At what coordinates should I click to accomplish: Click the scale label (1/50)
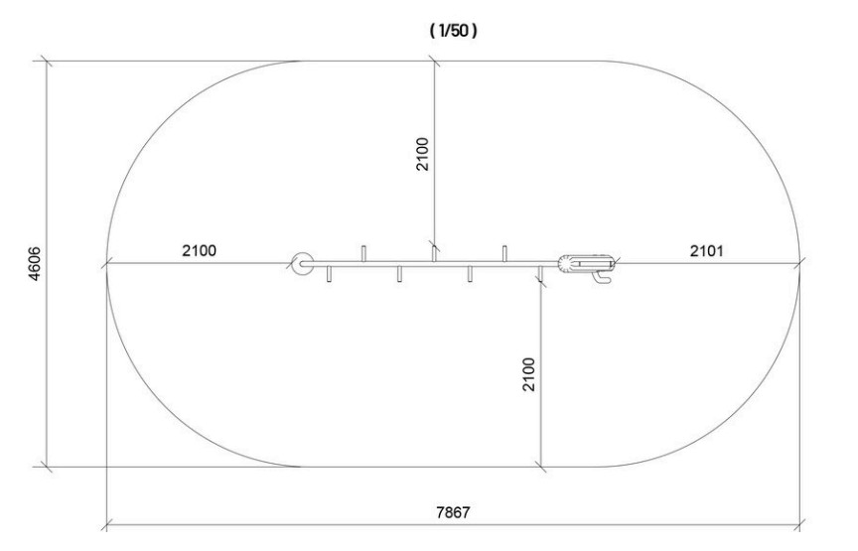(x=453, y=31)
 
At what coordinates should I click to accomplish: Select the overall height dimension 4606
(x=34, y=264)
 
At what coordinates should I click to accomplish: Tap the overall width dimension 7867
(x=453, y=512)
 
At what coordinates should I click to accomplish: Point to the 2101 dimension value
(x=706, y=250)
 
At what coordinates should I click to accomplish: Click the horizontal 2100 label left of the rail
(x=200, y=250)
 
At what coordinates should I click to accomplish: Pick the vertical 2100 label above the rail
(x=422, y=154)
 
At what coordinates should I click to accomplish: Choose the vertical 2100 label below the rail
(x=528, y=375)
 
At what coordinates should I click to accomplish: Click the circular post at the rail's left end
(x=302, y=264)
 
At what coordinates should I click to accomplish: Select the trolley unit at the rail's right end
(x=586, y=263)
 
